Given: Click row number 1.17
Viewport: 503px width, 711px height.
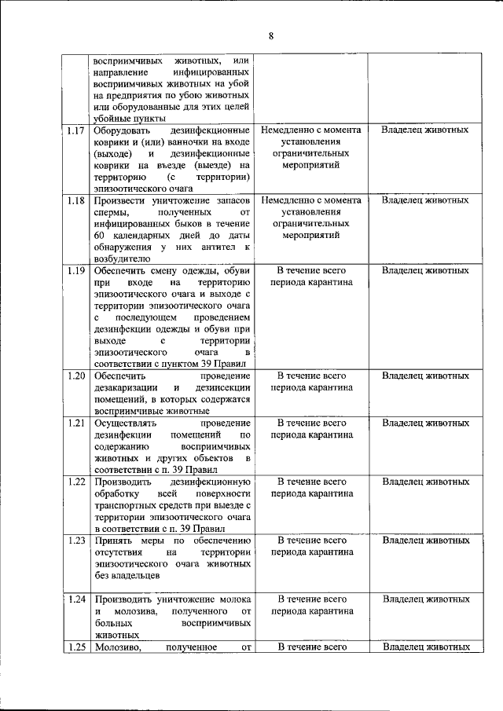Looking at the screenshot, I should (x=76, y=130).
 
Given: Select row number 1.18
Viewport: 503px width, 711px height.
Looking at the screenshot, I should (x=76, y=200).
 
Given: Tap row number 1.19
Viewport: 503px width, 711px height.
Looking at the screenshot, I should (x=76, y=271).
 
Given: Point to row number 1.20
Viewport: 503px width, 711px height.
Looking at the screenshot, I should (x=76, y=376).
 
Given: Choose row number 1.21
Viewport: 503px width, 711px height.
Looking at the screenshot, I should (x=76, y=423).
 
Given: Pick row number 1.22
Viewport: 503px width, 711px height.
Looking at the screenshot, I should (x=76, y=482).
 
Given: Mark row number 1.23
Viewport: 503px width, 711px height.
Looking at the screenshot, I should (x=76, y=541).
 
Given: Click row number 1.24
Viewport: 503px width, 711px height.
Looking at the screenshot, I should (x=76, y=599).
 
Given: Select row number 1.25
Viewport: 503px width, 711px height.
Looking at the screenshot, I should (x=76, y=647).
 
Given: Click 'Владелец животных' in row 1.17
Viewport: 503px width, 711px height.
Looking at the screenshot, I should (x=425, y=130).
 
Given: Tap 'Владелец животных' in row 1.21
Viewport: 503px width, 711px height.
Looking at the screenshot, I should (x=425, y=423).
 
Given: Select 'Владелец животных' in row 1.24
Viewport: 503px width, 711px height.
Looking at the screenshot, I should (x=425, y=599).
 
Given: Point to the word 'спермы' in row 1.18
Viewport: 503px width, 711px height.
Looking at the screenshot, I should (x=108, y=212).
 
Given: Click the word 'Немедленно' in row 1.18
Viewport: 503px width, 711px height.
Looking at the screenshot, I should (x=288, y=200).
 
